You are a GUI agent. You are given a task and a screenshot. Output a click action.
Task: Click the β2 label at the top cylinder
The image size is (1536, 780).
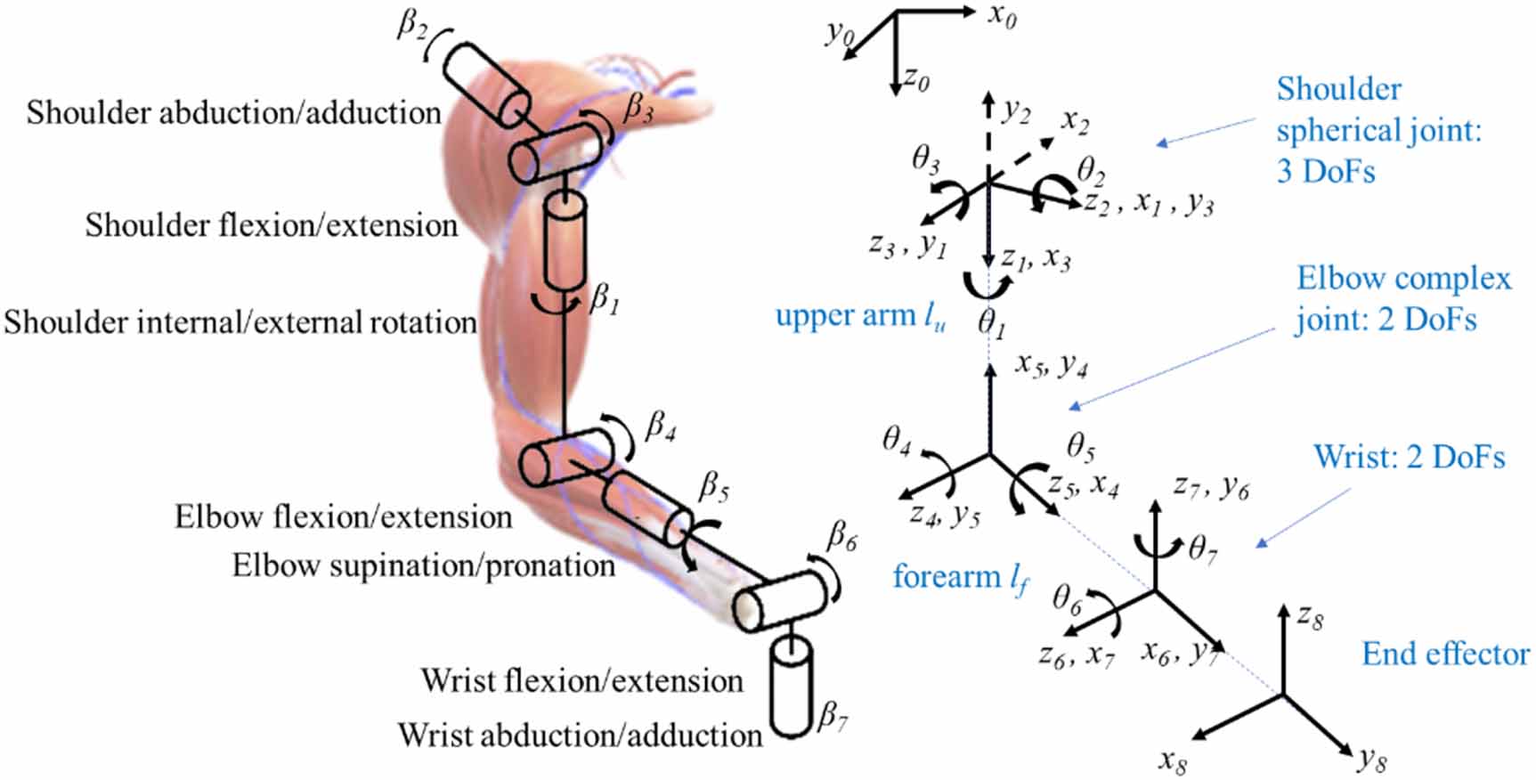[x=411, y=25]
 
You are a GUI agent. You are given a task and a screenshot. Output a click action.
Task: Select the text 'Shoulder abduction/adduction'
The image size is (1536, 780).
[x=233, y=113]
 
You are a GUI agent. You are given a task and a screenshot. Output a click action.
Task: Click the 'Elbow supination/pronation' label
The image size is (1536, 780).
[x=424, y=565]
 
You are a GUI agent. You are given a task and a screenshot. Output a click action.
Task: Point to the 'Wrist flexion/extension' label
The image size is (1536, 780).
[x=582, y=681]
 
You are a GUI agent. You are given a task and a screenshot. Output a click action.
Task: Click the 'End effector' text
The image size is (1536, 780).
[x=1445, y=654]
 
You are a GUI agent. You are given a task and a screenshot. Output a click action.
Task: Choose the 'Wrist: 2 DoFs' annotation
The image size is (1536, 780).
[x=1410, y=457]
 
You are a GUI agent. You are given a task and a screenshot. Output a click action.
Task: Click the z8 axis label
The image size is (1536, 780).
[x=1310, y=616]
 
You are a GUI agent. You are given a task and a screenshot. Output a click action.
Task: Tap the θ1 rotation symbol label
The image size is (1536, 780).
[x=992, y=322]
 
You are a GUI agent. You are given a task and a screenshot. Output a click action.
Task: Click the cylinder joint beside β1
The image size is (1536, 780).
[x=565, y=241]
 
